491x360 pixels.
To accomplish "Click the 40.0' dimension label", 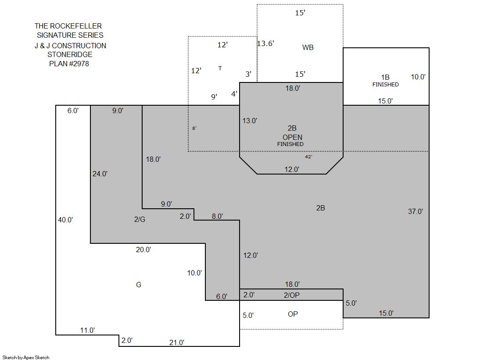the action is point(65,220).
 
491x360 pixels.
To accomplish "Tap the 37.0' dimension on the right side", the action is point(415,211).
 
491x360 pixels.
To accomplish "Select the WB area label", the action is point(308,47).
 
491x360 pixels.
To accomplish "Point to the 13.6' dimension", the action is point(265,43).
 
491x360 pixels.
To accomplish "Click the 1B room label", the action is point(385,77).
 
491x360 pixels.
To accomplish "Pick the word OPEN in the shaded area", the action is point(293,137).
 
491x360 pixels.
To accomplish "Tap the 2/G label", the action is point(140,219).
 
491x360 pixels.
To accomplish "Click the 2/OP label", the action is point(291,295).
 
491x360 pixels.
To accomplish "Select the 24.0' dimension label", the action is point(100,174).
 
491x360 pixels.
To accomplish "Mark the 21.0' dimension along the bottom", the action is point(176,342).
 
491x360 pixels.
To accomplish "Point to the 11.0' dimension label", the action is point(87,330).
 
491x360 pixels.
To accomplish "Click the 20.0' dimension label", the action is point(143,250).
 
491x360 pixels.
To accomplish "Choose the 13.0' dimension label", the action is point(250,121).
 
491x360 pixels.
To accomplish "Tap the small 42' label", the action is point(308,157).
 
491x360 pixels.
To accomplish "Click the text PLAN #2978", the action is point(69,64).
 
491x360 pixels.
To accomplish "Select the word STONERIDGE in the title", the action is point(70,54).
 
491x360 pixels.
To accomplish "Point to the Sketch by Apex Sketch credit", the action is point(26,357).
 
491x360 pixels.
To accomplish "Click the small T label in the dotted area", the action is point(220,68).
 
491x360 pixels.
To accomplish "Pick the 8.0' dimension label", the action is point(217,216).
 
